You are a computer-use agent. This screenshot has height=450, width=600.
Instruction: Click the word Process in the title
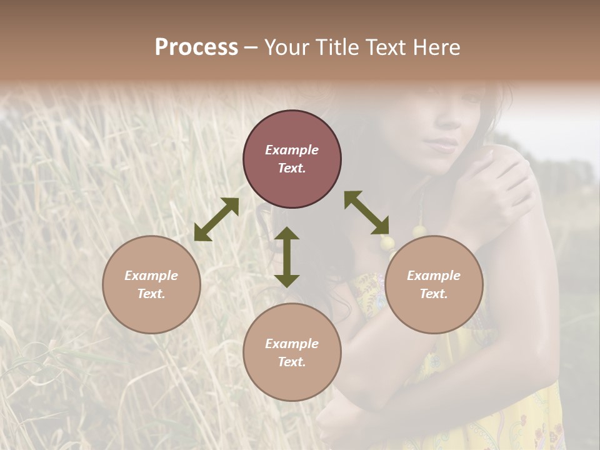pyautogui.click(x=196, y=47)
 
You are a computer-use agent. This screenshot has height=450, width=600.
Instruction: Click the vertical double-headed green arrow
pyautogui.click(x=287, y=257)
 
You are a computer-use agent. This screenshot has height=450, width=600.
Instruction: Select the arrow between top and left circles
pyautogui.click(x=216, y=219)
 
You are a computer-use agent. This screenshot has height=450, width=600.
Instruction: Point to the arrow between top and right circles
pyautogui.click(x=367, y=212)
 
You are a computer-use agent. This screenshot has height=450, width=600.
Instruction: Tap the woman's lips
pyautogui.click(x=442, y=146)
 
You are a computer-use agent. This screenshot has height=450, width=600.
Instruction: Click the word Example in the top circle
pyautogui.click(x=292, y=150)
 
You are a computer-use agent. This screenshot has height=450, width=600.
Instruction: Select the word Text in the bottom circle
pyautogui.click(x=290, y=362)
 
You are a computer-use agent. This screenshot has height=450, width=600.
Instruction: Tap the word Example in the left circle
pyautogui.click(x=151, y=276)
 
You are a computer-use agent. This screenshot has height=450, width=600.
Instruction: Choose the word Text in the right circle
pyautogui.click(x=432, y=294)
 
